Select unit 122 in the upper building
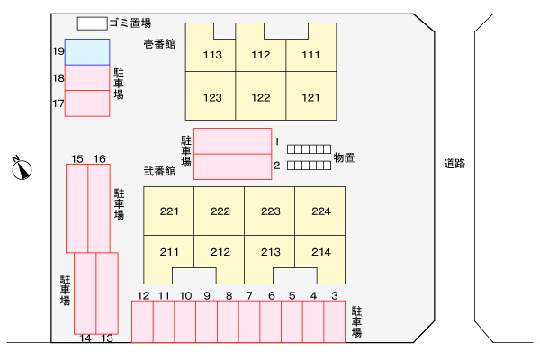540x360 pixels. pos(261,97)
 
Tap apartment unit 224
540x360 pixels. pos(320,211)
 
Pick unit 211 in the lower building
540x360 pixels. pos(169,252)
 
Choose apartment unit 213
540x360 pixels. pos(270,252)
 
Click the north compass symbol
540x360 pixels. pos(22,167)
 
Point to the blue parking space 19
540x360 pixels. pos(87,52)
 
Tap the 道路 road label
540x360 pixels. pos(454,164)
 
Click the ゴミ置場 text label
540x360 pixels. pos(129,22)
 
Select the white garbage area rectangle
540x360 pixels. pos(91,22)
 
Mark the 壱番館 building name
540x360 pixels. pos(158,43)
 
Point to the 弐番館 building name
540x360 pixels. pos(159,171)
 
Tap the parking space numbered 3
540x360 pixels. pos(334,321)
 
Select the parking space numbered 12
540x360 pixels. pos(142,321)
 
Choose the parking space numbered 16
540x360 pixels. pos(99,207)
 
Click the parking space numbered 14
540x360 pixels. pos(85,292)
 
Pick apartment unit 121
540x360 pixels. pos(310,97)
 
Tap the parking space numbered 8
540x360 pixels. pos(228,321)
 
